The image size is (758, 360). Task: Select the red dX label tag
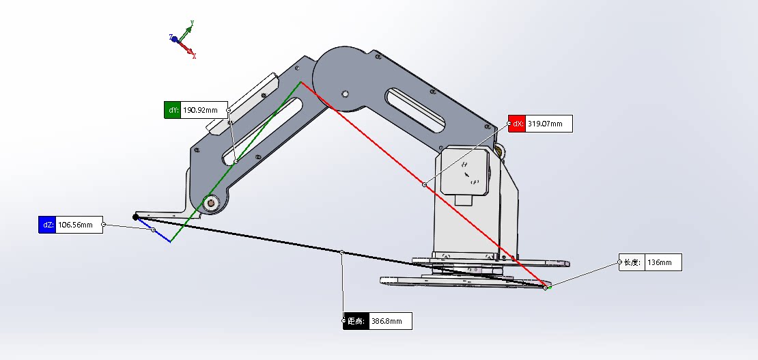517,124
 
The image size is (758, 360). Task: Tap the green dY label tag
173,110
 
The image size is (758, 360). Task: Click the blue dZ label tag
46,225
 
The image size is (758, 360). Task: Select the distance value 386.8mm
389,321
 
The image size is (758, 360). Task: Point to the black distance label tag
355,321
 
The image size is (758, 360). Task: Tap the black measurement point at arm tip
136,217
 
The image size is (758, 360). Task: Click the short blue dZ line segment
160,234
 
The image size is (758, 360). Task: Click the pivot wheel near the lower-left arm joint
210,203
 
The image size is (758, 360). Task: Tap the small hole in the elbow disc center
346,94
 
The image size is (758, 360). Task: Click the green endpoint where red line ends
548,288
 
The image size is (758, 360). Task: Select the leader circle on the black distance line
341,252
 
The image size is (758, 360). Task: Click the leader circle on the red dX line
424,184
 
